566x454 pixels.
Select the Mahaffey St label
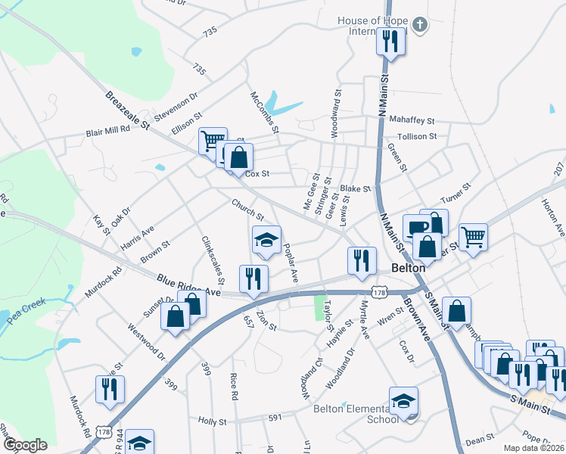[412, 120]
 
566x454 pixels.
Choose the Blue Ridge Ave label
[188, 287]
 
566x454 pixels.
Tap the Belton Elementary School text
[354, 414]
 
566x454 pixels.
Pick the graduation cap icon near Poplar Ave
[266, 240]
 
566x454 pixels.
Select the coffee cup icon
[417, 227]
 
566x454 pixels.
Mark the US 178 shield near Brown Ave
[381, 291]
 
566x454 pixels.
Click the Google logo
[26, 445]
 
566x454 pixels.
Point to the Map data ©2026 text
[533, 448]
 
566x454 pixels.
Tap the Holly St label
[213, 421]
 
